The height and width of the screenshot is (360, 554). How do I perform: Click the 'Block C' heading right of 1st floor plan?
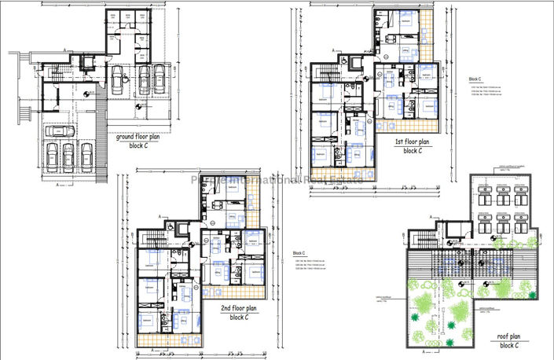click(475, 79)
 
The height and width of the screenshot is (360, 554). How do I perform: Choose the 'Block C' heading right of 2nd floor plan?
click(299, 252)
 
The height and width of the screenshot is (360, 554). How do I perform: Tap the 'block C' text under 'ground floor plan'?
click(140, 146)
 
